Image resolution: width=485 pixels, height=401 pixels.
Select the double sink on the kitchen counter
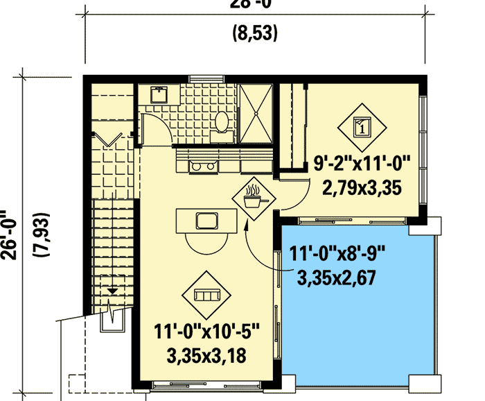[x=200, y=166]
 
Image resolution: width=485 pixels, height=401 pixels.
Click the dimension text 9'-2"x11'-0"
[x=362, y=165]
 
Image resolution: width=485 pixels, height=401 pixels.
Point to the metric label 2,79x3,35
[x=362, y=187]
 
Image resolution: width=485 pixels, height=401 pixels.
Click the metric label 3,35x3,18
[x=206, y=355]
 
